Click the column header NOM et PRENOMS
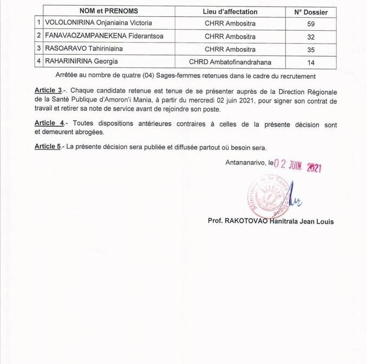tap(109, 11)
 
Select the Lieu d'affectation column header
tap(230, 11)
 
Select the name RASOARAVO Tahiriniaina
tap(84, 49)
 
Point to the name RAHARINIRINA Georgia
tap(82, 61)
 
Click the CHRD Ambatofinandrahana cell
tap(230, 61)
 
